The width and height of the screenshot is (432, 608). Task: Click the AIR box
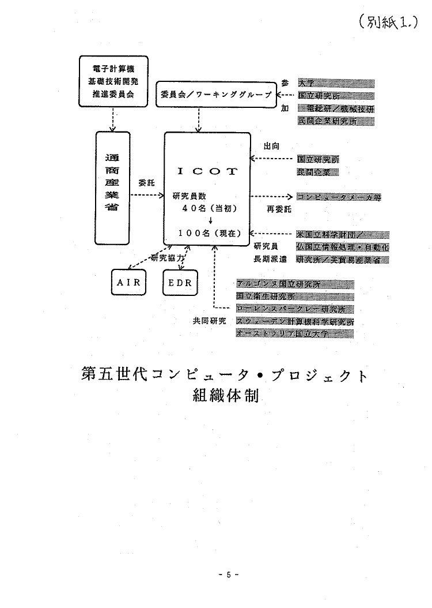(129, 282)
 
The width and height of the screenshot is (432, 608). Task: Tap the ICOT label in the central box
(206, 171)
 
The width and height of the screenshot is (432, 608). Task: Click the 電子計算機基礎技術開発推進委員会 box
(113, 81)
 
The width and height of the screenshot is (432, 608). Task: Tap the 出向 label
(271, 146)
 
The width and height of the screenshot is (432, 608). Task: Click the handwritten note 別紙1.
(386, 24)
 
